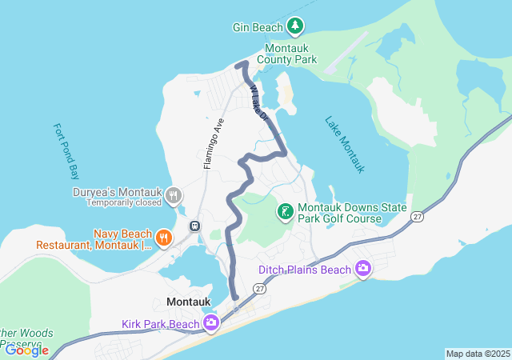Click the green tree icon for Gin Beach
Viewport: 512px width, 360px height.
click(x=295, y=27)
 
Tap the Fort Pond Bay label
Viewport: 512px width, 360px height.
click(x=62, y=150)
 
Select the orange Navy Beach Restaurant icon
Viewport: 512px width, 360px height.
click(x=163, y=236)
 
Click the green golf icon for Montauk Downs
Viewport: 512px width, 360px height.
click(x=284, y=212)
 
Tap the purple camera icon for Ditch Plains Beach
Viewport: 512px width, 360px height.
click(x=363, y=270)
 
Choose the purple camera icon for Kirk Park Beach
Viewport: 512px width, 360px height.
click(x=211, y=324)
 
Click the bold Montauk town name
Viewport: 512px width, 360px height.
click(x=189, y=302)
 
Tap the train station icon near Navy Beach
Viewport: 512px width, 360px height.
click(x=194, y=226)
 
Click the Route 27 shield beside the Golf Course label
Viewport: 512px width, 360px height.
click(x=417, y=217)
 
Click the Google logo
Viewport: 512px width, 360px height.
click(x=26, y=350)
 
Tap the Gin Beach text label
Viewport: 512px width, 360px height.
click(x=258, y=27)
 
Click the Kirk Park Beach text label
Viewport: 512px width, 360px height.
click(x=160, y=324)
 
